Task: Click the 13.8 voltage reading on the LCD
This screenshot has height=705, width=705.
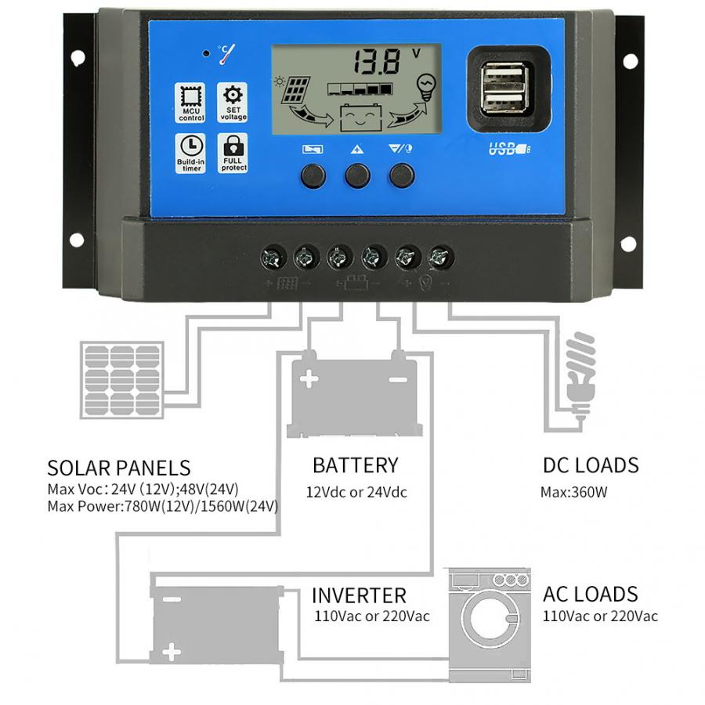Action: point(378,60)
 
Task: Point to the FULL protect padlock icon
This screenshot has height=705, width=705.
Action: point(233,152)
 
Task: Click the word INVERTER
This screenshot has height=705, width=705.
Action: point(359,595)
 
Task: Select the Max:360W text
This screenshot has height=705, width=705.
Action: point(573,493)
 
